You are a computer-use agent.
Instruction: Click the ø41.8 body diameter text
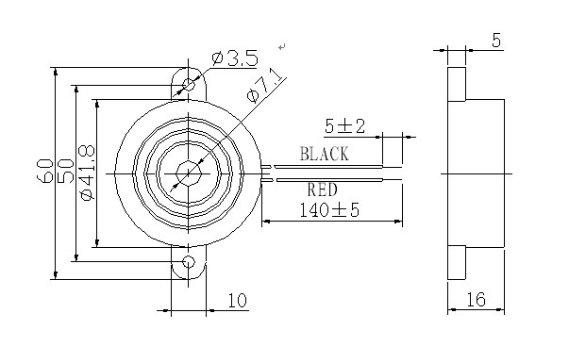[86, 172]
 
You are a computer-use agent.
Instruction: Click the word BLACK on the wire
[324, 153]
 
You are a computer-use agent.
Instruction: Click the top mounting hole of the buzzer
[189, 84]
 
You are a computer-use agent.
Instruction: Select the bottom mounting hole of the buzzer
[189, 261]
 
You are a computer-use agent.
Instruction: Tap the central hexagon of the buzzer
[189, 173]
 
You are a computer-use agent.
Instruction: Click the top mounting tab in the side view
[456, 83]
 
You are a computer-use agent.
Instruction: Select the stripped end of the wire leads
[393, 173]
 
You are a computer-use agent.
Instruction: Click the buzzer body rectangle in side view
[486, 173]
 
